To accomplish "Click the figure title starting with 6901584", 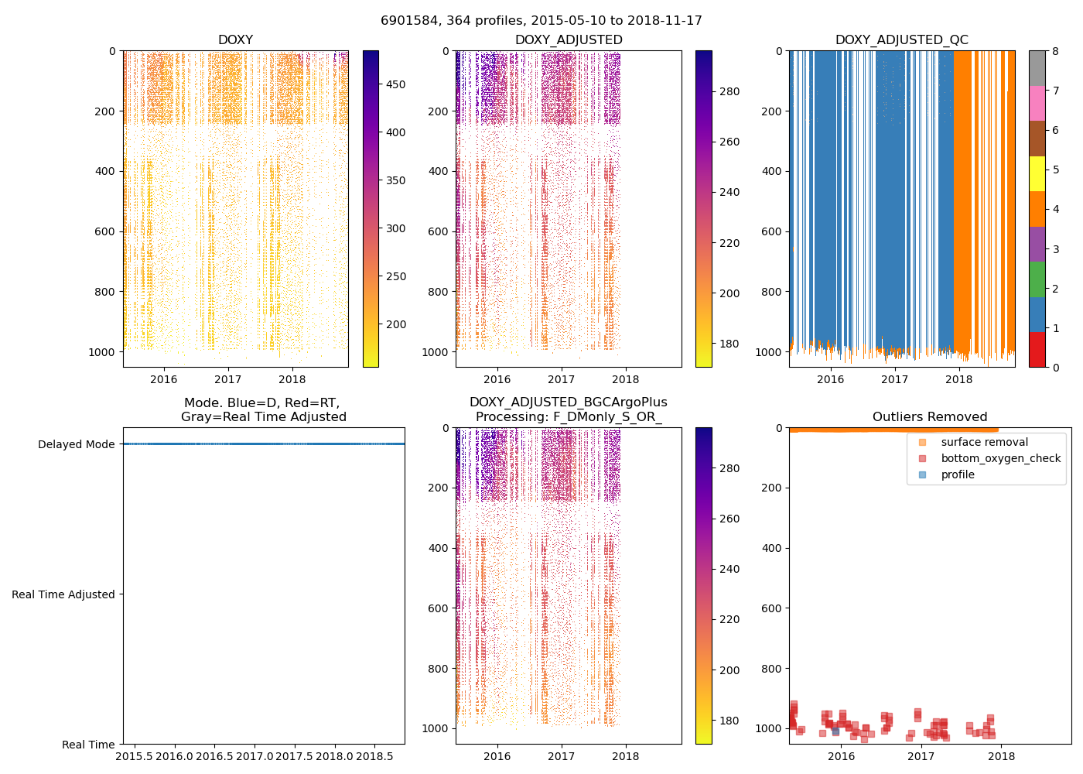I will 541,21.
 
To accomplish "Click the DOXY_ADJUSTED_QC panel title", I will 901,40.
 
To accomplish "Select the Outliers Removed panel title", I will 929,417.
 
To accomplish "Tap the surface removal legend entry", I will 984,443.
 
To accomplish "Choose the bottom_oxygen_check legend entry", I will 1000,459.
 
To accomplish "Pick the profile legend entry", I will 958,475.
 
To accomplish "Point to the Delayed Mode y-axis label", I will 76,445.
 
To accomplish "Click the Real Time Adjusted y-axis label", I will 63,595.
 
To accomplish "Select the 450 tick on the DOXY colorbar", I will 395,84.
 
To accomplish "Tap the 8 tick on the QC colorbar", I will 1055,52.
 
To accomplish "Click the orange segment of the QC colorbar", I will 1037,209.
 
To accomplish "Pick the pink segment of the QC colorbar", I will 1037,103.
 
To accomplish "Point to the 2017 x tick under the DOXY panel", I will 228,379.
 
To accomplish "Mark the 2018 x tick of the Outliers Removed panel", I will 1001,756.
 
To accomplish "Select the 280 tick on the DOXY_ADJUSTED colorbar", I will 729,91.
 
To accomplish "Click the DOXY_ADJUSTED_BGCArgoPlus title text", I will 568,402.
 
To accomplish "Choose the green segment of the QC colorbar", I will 1037,279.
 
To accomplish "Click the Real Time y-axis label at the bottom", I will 88,745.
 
